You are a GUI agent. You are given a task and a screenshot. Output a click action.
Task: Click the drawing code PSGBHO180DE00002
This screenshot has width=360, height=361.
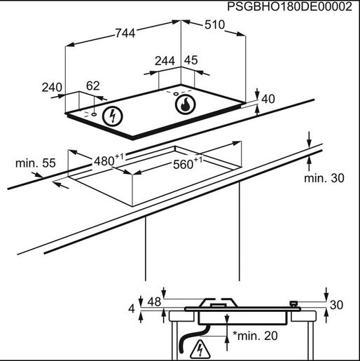(289, 6)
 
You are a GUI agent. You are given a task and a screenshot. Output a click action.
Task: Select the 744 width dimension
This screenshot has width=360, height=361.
(125, 33)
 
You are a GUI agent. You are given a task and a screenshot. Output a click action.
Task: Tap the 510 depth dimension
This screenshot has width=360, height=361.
(214, 25)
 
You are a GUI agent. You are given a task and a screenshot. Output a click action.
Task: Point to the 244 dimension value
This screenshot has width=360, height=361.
(165, 61)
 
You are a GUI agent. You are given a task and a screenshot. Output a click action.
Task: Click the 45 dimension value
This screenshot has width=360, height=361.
(191, 60)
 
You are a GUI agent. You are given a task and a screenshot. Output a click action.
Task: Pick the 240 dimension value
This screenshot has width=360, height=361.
(52, 88)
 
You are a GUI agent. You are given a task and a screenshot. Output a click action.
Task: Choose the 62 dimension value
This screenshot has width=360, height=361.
(93, 86)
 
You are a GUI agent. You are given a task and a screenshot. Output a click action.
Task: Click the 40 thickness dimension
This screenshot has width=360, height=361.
(268, 99)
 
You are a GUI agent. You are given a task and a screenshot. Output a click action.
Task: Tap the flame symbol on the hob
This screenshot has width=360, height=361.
(185, 104)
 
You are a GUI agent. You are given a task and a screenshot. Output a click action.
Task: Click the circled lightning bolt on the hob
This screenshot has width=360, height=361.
(113, 116)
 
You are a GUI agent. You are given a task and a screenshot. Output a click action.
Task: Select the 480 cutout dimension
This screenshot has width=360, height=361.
(109, 160)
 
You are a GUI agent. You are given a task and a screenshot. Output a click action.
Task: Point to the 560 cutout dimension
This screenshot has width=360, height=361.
(188, 163)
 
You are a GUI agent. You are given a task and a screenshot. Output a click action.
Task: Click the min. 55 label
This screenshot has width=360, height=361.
(36, 163)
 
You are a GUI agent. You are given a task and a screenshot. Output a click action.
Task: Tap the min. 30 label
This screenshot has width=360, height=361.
(324, 178)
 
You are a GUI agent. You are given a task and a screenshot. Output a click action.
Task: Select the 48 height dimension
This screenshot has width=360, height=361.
(154, 301)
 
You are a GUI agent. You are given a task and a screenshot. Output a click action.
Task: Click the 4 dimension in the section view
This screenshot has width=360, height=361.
(132, 308)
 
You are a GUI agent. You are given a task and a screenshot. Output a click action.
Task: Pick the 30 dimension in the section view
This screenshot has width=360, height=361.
(336, 305)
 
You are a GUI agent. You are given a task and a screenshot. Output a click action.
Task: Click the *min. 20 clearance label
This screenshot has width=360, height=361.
(255, 336)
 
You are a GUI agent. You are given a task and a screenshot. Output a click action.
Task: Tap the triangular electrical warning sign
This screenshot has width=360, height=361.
(200, 350)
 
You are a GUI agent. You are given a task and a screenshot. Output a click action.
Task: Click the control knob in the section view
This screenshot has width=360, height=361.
(293, 304)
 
